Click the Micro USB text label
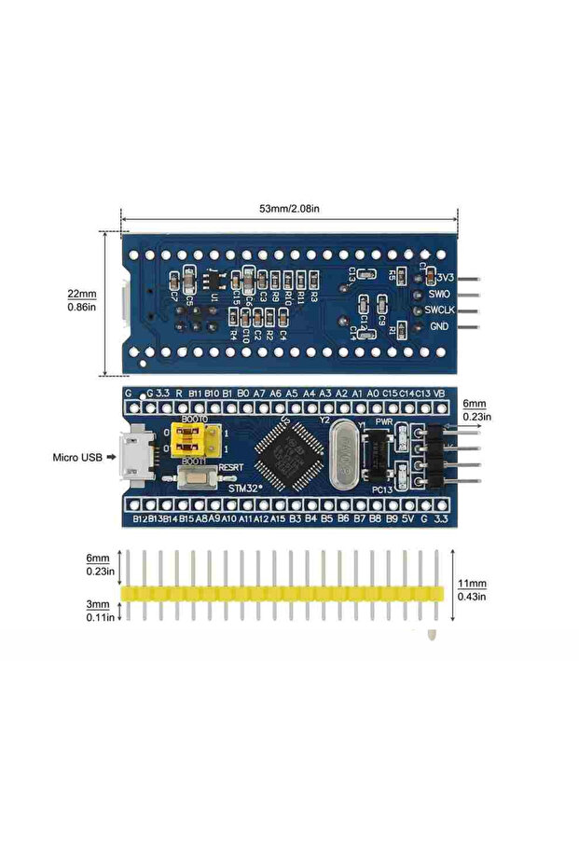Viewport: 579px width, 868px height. click(x=78, y=458)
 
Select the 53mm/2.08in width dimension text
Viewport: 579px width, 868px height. click(x=290, y=210)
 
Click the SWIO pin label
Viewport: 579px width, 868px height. click(x=439, y=294)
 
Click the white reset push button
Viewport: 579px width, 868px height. click(x=193, y=481)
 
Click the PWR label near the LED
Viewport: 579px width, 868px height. click(x=384, y=420)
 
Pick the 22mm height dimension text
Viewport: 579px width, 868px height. click(x=81, y=291)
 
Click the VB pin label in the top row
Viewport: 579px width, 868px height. click(x=438, y=393)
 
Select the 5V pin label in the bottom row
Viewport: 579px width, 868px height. click(x=407, y=517)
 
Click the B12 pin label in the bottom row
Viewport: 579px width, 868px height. click(x=139, y=517)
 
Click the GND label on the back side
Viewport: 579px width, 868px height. click(x=439, y=327)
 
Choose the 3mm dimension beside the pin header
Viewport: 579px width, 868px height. click(x=102, y=605)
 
